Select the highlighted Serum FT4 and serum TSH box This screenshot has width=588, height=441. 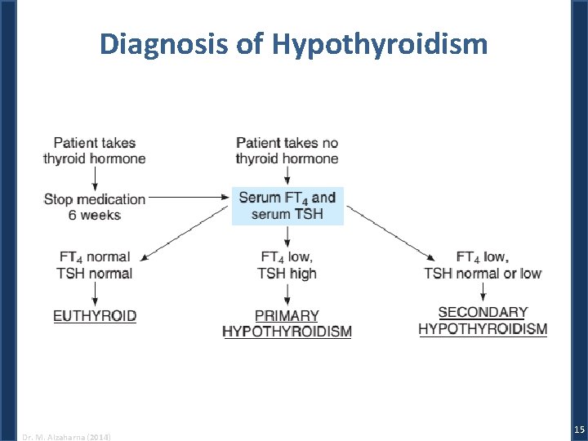[287, 206]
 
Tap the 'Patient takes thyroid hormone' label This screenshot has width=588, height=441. [95, 150]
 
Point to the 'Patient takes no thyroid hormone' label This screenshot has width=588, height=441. [287, 150]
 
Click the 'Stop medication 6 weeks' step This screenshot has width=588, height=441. [95, 207]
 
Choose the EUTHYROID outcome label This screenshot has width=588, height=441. [95, 316]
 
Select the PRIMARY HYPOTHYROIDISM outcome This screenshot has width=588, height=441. [287, 323]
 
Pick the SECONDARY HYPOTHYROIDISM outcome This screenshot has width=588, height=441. [483, 321]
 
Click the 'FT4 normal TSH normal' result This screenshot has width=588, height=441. [95, 265]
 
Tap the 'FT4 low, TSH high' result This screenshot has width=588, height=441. [287, 265]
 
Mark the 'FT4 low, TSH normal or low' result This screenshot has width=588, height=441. [483, 265]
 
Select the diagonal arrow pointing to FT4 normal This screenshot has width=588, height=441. [184, 234]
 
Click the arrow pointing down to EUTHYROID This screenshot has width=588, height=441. [95, 294]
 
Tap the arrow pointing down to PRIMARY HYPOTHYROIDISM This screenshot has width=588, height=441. [287, 294]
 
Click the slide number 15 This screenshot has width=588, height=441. [578, 430]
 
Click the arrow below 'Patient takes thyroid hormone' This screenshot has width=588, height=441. [95, 177]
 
